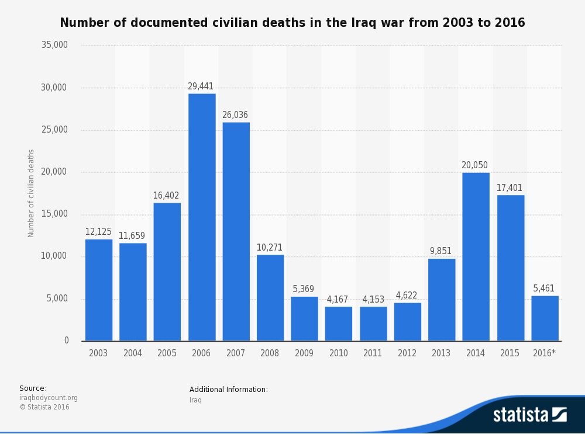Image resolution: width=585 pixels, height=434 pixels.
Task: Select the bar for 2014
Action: pyautogui.click(x=476, y=257)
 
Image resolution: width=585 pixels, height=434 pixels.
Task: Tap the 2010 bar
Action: pyautogui.click(x=339, y=324)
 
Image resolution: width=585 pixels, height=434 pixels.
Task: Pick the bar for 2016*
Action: pyautogui.click(x=545, y=318)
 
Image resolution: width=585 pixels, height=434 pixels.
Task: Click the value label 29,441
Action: pyautogui.click(x=201, y=86)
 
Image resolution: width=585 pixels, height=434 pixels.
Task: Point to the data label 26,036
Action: pyautogui.click(x=235, y=115)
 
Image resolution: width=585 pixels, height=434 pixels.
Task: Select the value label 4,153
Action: pyautogui.click(x=372, y=300)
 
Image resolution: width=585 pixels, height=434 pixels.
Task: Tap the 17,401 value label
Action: pyautogui.click(x=510, y=188)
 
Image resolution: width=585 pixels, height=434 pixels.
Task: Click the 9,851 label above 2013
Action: pyautogui.click(x=441, y=251)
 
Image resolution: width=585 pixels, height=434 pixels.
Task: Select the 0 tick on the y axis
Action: pyautogui.click(x=66, y=341)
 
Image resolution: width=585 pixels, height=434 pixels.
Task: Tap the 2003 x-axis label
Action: pyautogui.click(x=98, y=353)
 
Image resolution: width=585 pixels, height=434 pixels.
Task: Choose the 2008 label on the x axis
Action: pyautogui.click(x=270, y=353)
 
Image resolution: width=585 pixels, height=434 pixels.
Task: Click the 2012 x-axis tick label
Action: pyautogui.click(x=407, y=353)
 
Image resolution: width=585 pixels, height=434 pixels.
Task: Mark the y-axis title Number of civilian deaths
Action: pyautogui.click(x=32, y=193)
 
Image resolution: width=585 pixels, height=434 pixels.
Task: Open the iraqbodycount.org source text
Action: pyautogui.click(x=49, y=398)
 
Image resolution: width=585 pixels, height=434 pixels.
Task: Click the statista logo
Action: pyautogui.click(x=529, y=415)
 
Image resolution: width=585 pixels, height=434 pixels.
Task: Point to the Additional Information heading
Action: pyautogui.click(x=229, y=390)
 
